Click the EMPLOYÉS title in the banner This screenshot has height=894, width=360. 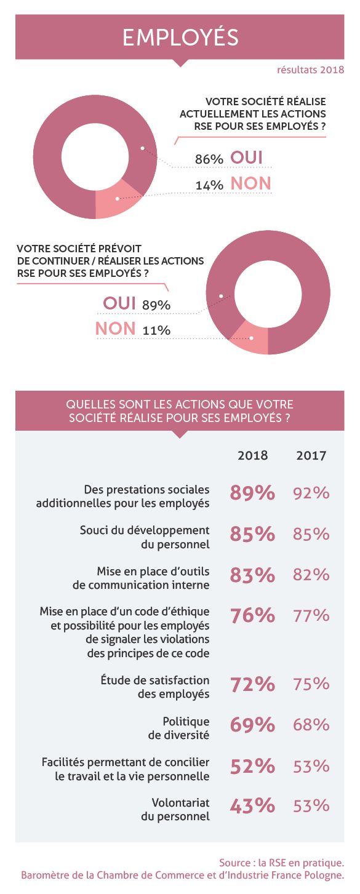tap(180, 37)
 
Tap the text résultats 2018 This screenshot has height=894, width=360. tap(311, 70)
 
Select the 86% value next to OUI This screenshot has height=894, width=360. tap(209, 159)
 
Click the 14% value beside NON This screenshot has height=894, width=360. tap(209, 185)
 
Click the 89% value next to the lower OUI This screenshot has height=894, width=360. tap(156, 305)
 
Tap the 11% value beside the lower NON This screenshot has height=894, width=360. tap(156, 330)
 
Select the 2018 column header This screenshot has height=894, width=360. tap(253, 455)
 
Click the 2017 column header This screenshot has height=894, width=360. tap(311, 455)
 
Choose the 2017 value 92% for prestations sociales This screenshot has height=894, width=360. tap(311, 493)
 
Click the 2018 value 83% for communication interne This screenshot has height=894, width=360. tap(252, 575)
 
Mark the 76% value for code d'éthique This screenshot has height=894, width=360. tap(252, 616)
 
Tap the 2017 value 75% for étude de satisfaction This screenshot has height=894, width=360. tap(311, 684)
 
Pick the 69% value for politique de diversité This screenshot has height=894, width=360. tap(252, 725)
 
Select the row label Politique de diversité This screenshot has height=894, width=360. tap(179, 728)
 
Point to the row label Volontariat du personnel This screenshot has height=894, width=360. tap(175, 809)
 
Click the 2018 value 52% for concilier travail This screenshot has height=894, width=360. tap(252, 767)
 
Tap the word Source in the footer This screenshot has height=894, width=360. tap(234, 863)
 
